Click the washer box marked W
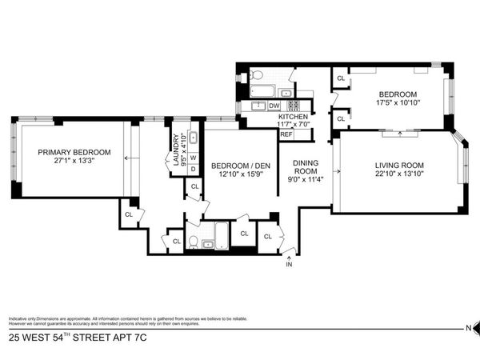[194, 158]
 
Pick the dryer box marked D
[194, 169]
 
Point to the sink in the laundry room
[193, 138]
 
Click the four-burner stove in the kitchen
[294, 105]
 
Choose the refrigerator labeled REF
[286, 134]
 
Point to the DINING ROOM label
[307, 166]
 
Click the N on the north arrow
[469, 329]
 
